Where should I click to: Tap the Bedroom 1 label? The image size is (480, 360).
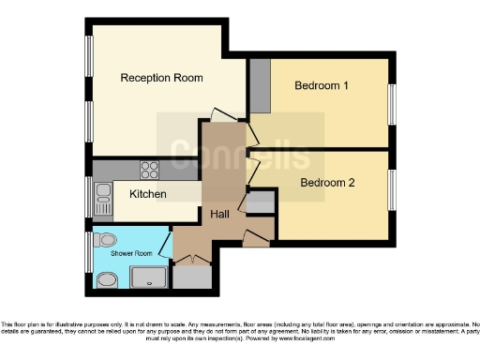pos(322,86)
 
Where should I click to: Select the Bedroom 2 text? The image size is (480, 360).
pos(327,183)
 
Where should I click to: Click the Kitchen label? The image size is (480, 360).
pos(148,194)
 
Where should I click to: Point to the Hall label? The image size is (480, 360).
pos(220,215)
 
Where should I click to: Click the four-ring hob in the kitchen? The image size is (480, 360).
pos(150,170)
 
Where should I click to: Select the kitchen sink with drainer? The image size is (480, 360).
pos(101,197)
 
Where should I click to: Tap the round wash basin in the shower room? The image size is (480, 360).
pos(108,278)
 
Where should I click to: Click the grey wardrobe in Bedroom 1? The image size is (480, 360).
pos(260,85)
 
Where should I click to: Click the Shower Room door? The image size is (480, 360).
pos(166,247)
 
